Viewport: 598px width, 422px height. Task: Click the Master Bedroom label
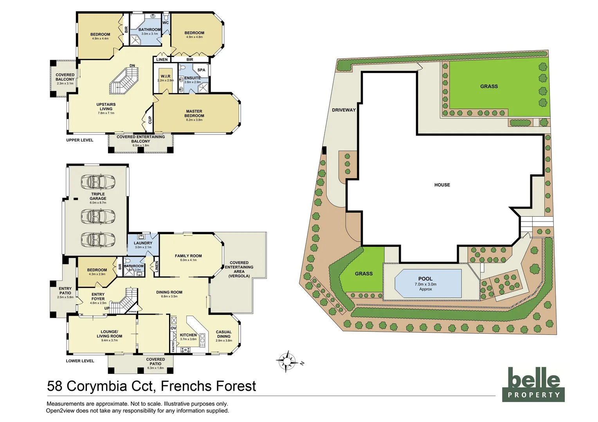[x=194, y=114]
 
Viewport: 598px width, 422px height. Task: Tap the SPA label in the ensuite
[x=201, y=70]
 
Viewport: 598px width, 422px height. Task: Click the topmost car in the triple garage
[x=98, y=182]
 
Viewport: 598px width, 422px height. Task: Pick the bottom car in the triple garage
[x=98, y=239]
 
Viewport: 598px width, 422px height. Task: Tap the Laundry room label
[x=143, y=243]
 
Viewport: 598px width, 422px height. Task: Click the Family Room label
[x=188, y=256]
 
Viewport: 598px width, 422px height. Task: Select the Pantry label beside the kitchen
[x=173, y=346]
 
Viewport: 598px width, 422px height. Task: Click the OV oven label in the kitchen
[x=173, y=328]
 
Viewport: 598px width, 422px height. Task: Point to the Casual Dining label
[x=223, y=334]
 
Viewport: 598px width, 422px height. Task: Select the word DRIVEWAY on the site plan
[x=344, y=110]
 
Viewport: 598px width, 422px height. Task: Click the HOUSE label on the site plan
[x=442, y=185]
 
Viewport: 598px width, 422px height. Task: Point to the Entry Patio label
[x=65, y=291]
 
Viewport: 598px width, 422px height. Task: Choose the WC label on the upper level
[x=166, y=23]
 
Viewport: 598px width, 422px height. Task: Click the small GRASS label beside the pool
[x=364, y=274]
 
